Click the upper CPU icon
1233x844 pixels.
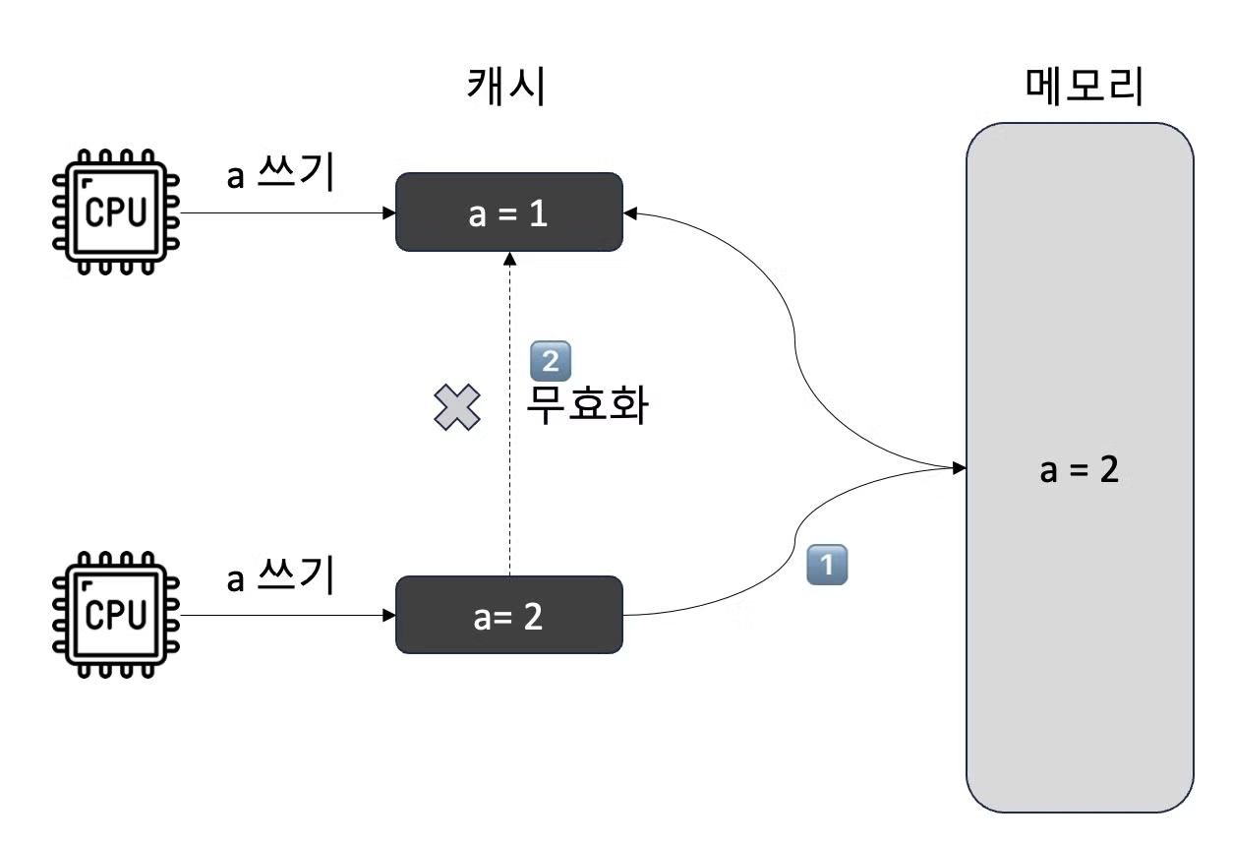(116, 212)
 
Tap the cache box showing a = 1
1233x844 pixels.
(508, 212)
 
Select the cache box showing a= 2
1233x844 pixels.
(508, 615)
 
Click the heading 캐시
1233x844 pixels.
(504, 89)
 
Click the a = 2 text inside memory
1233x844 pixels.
(1080, 469)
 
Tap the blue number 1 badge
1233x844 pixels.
(826, 566)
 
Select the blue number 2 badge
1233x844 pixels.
(550, 361)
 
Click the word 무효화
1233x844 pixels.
(586, 404)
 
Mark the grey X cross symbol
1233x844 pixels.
(457, 407)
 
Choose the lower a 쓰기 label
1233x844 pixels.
(281, 576)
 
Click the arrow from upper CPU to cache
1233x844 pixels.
(285, 212)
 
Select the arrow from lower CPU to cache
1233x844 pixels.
(285, 616)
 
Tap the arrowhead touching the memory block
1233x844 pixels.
(959, 465)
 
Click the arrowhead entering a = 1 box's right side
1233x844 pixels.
(630, 211)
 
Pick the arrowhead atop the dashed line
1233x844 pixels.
(509, 258)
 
